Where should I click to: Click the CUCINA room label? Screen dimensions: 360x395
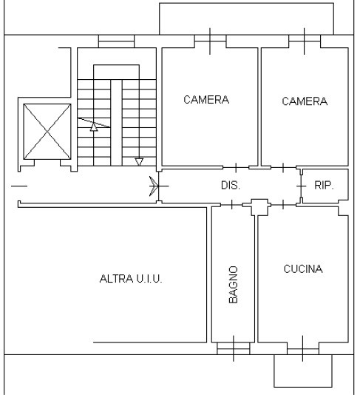(x=303, y=269)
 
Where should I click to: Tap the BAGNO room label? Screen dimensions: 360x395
(x=234, y=284)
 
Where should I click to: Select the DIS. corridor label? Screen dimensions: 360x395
(x=231, y=186)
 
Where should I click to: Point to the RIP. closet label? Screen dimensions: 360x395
(x=324, y=186)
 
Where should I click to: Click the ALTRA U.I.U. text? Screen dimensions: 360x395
(x=131, y=279)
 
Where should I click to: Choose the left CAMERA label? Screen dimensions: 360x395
(x=206, y=100)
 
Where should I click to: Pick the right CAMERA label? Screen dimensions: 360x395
(x=305, y=101)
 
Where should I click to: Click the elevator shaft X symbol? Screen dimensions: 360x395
(x=47, y=132)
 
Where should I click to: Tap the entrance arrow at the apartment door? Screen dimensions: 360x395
(x=153, y=186)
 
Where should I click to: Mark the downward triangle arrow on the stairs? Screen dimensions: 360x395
(x=139, y=162)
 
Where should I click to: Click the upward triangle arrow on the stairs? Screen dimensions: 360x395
(x=94, y=126)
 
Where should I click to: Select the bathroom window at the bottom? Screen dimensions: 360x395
(x=234, y=348)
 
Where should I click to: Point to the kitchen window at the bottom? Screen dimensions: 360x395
(x=303, y=348)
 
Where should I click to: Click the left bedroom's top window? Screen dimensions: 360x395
(x=210, y=41)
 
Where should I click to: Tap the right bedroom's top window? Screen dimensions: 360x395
(x=305, y=41)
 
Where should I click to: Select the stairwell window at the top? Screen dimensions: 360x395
(x=116, y=41)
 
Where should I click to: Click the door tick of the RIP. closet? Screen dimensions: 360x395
(x=302, y=186)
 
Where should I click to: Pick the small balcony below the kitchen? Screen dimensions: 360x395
(x=303, y=371)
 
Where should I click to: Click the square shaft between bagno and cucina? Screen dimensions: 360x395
(x=259, y=207)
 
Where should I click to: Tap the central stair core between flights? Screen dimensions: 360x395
(x=116, y=123)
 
